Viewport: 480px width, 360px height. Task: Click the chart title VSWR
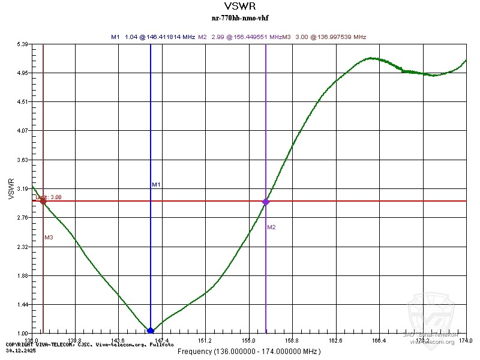pyautogui.click(x=239, y=7)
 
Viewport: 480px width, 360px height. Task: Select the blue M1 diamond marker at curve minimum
pyautogui.click(x=151, y=331)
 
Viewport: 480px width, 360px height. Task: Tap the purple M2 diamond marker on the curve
pyautogui.click(x=266, y=202)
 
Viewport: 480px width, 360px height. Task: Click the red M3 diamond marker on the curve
pyautogui.click(x=43, y=201)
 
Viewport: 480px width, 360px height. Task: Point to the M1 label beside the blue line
pyautogui.click(x=156, y=185)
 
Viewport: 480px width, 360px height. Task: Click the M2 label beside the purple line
pyautogui.click(x=271, y=227)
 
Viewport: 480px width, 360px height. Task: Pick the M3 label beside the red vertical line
pyautogui.click(x=49, y=238)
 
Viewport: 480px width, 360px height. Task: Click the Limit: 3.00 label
pyautogui.click(x=48, y=197)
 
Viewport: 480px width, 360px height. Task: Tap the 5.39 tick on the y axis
pyautogui.click(x=23, y=44)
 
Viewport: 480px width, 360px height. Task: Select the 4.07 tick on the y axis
pyautogui.click(x=23, y=131)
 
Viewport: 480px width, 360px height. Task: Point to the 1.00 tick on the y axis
pyautogui.click(x=23, y=334)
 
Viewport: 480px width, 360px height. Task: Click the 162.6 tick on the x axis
pyautogui.click(x=336, y=341)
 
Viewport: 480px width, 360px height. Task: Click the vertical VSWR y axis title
pyautogui.click(x=10, y=188)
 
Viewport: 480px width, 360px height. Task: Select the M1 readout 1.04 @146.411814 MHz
pyautogui.click(x=159, y=37)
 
